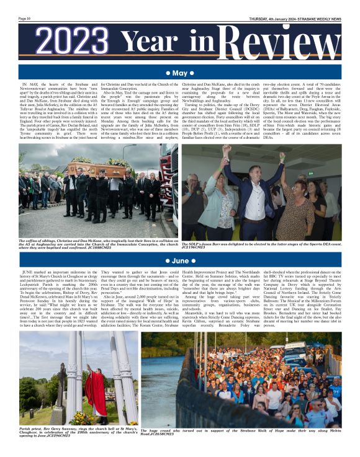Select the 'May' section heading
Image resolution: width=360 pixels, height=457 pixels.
coord(179,74)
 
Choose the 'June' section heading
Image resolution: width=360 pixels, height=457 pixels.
coord(179,261)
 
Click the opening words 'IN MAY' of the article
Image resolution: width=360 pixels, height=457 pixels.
coord(29,84)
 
